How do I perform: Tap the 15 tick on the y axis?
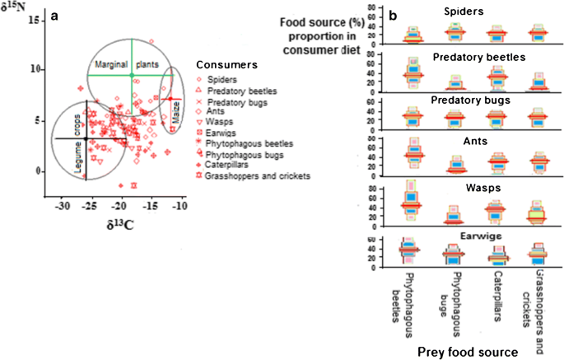(x=35, y=18)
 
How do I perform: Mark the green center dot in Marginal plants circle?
(x=132, y=76)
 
